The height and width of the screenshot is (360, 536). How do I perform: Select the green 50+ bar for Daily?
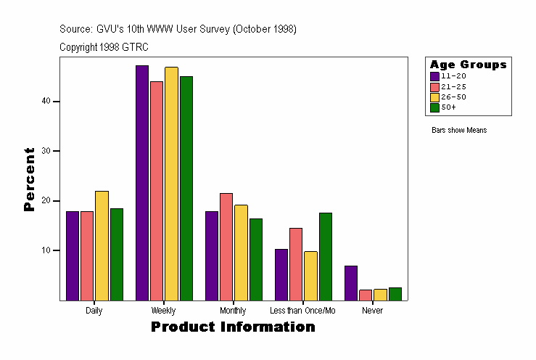click(116, 254)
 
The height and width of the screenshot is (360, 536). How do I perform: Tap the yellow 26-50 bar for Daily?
click(102, 245)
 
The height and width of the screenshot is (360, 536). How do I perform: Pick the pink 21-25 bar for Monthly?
click(226, 247)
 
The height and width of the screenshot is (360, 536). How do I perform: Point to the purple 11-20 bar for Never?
click(351, 283)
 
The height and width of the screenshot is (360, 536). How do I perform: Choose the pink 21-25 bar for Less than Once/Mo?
click(296, 264)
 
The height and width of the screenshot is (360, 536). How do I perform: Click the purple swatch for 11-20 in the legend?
click(434, 76)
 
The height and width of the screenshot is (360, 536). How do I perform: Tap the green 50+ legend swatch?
click(434, 107)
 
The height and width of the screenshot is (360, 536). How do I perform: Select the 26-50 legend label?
click(448, 97)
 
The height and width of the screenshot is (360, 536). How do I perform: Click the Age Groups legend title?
click(468, 65)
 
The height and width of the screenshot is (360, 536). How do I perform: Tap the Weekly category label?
click(163, 311)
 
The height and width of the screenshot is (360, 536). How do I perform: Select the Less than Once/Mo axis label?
click(302, 311)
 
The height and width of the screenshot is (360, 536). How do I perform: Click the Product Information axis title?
click(233, 327)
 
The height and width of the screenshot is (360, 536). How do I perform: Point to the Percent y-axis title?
click(29, 179)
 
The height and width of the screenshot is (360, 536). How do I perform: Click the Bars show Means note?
click(459, 131)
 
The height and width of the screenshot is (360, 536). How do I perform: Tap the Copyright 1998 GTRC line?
click(104, 47)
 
